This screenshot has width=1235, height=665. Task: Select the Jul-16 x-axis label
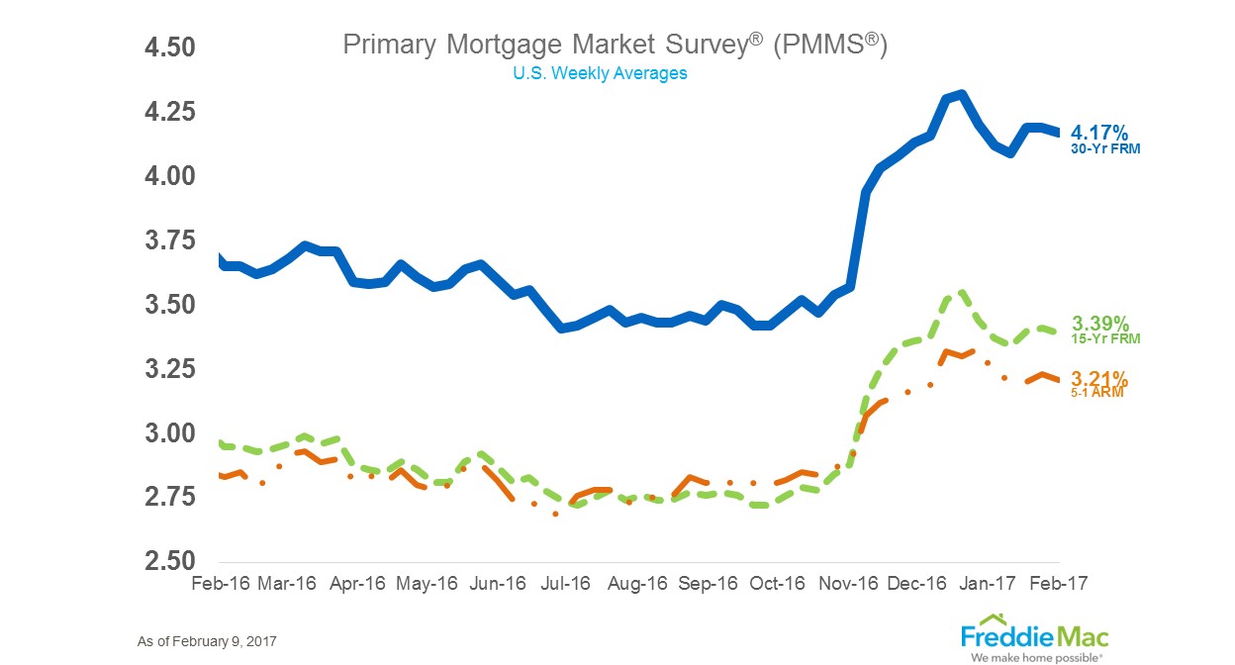coord(565,583)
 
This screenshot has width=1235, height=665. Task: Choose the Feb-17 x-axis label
coord(1058,583)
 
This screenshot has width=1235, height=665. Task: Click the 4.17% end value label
coord(1099,133)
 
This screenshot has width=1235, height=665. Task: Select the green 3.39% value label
coord(1099,323)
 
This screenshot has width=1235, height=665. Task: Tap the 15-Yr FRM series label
coord(1105,339)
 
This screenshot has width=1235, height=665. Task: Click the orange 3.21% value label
coord(1099,379)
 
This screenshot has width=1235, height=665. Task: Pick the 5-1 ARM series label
coord(1097,393)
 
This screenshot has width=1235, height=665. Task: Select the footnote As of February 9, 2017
coord(207,641)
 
